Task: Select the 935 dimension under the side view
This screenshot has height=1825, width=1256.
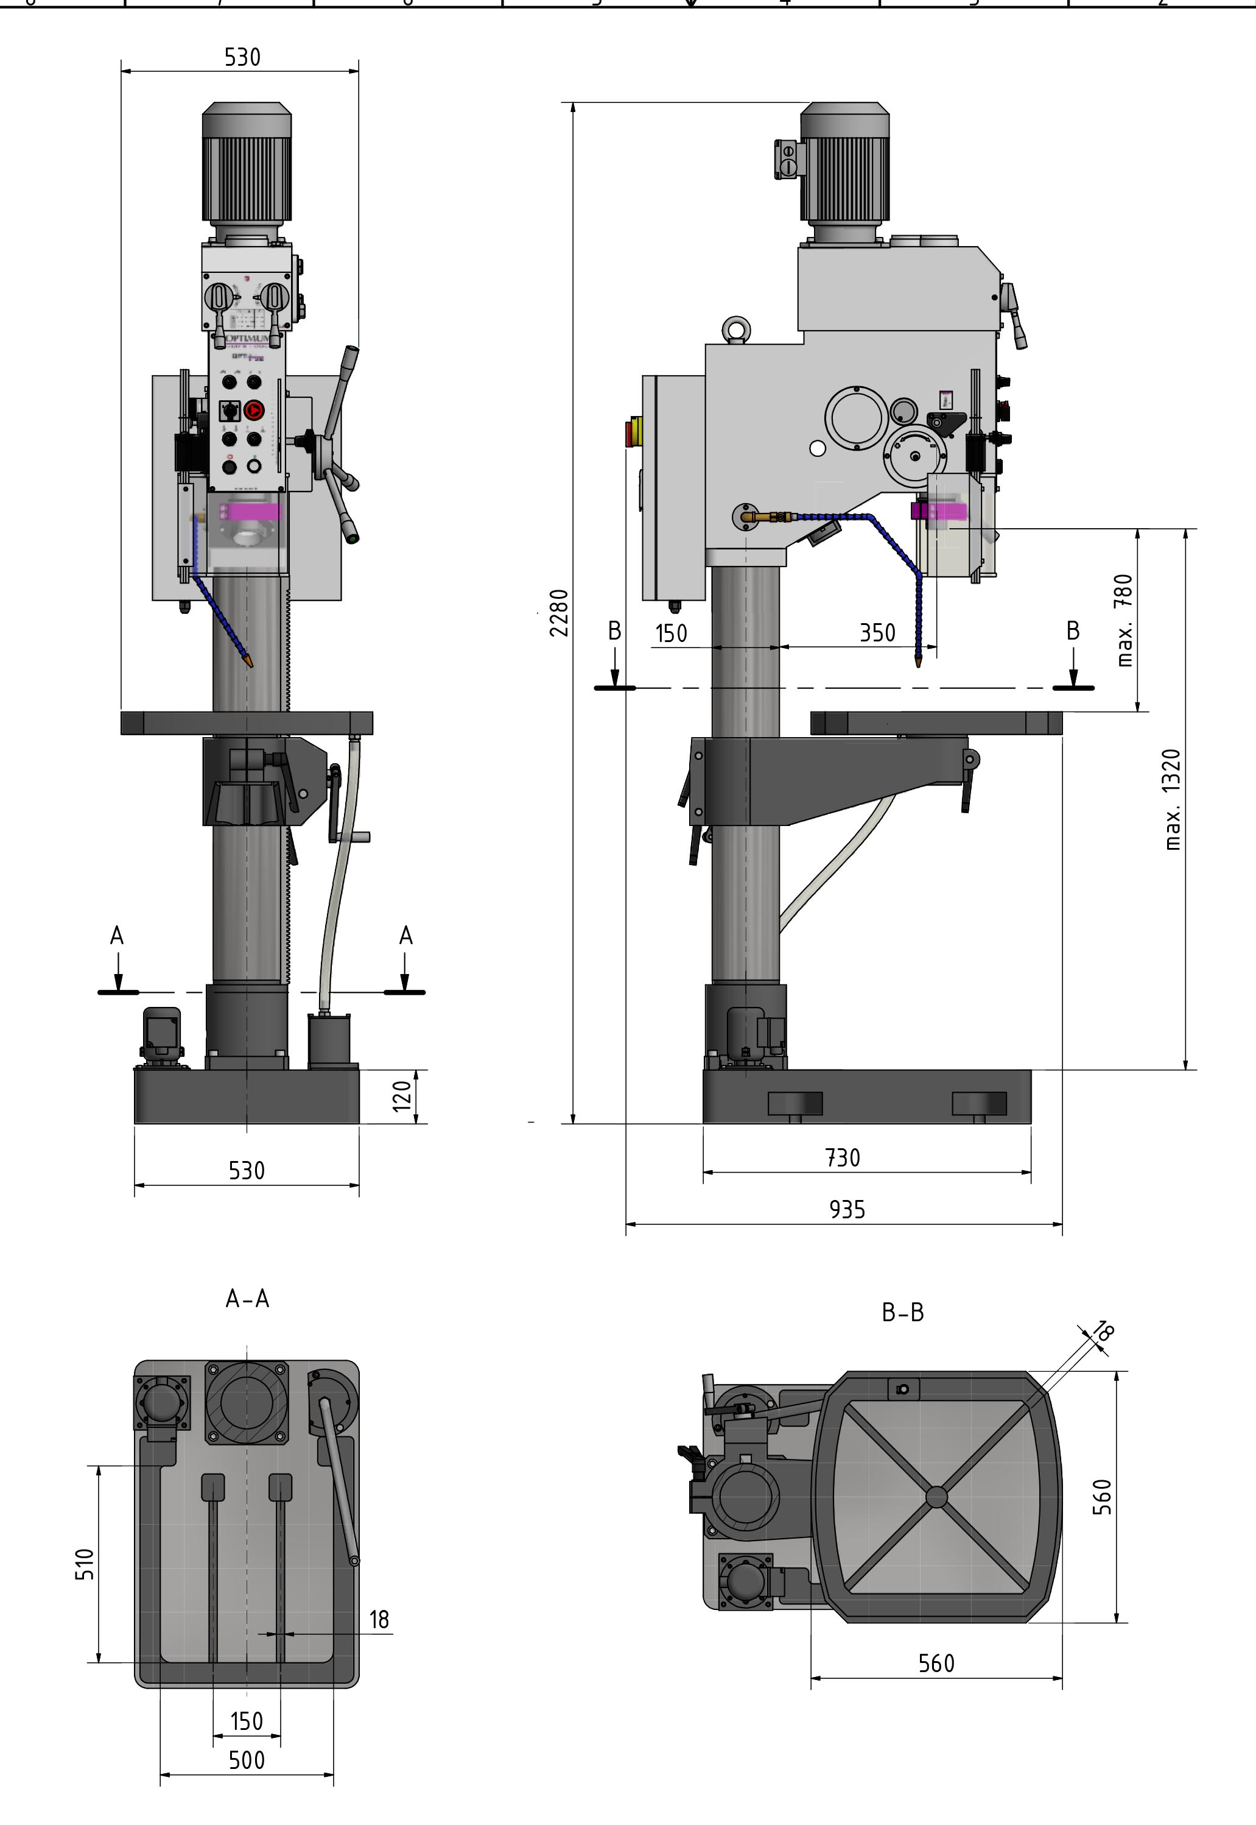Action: pos(847,1209)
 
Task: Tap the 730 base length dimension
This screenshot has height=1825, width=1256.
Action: pos(842,1157)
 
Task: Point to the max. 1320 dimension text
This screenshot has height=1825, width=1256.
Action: pos(1173,799)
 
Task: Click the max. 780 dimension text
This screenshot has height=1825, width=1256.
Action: pos(1125,620)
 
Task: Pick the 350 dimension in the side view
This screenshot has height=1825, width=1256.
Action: pos(877,633)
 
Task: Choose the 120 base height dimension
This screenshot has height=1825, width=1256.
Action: pos(402,1096)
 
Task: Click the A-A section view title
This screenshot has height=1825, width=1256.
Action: pos(247,1298)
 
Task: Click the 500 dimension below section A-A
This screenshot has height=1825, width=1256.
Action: pos(247,1760)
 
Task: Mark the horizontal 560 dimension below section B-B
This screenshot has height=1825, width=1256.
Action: pos(936,1664)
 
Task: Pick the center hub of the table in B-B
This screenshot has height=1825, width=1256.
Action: pos(936,1497)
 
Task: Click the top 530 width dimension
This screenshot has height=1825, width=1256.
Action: pos(242,57)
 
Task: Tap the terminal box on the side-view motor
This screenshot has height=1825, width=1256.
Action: pos(787,159)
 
